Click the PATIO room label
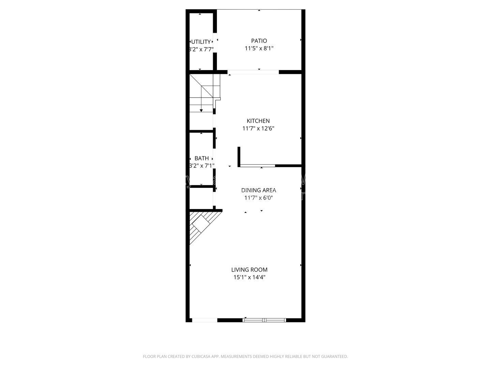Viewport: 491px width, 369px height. tap(259, 41)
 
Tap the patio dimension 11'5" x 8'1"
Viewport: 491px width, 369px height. tap(259, 49)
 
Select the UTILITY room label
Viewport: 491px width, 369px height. tap(201, 42)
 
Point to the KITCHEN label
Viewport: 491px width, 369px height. tap(258, 121)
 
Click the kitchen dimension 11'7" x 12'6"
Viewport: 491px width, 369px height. tap(258, 129)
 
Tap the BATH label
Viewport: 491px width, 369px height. tap(202, 159)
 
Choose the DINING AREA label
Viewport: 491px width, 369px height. tap(258, 190)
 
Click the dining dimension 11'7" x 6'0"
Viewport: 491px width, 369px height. tap(258, 198)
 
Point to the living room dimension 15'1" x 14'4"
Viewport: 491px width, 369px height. tap(249, 277)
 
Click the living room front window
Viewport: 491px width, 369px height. tap(264, 320)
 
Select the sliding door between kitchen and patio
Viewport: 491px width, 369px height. tap(253, 72)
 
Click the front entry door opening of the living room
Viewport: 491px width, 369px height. tap(205, 320)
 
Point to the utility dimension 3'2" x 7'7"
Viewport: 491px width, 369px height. tap(201, 49)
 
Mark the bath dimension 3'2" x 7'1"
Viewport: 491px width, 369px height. tap(202, 166)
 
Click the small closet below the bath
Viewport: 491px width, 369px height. tap(201, 198)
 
